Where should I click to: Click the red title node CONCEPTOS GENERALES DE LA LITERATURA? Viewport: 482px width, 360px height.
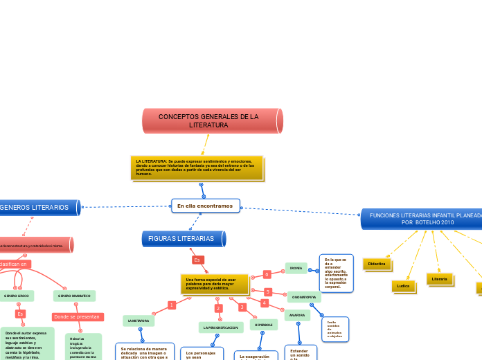(212, 121)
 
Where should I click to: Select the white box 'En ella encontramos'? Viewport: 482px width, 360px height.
(205, 206)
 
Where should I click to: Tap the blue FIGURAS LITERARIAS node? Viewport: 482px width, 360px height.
(183, 239)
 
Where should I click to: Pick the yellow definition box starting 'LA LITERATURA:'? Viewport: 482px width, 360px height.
(197, 168)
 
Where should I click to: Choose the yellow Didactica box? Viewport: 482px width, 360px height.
(377, 264)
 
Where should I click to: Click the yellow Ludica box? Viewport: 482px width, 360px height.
(402, 285)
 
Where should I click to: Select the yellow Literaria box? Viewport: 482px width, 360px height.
(439, 279)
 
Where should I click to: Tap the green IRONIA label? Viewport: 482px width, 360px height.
(296, 268)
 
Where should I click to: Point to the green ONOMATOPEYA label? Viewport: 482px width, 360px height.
(303, 297)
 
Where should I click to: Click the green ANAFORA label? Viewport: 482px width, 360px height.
(297, 315)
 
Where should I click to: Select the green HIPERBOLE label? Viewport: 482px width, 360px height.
(263, 324)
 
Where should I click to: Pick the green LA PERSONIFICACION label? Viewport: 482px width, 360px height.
(221, 327)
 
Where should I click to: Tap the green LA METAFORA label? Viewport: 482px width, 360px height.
(139, 321)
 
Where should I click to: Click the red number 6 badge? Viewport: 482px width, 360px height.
(267, 275)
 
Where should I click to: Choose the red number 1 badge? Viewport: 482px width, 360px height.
(171, 305)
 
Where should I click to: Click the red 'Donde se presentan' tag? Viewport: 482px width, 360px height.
(78, 316)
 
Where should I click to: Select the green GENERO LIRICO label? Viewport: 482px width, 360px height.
(16, 296)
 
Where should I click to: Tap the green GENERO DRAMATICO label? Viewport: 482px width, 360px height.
(74, 296)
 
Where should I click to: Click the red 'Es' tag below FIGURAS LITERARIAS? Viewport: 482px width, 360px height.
(197, 260)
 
